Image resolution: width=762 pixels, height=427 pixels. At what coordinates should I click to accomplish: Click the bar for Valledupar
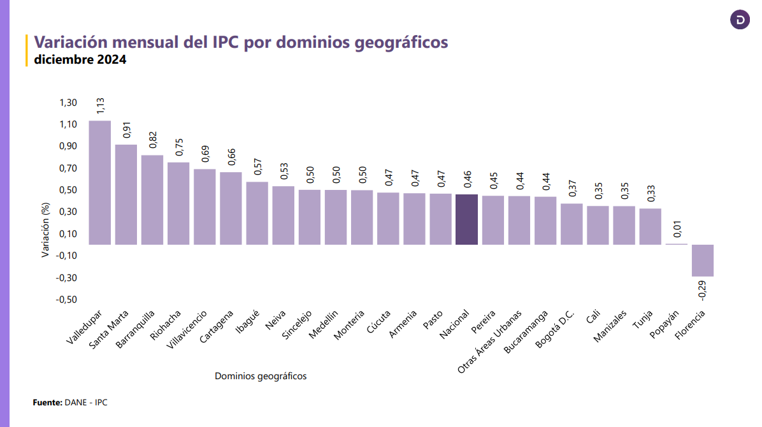[99, 182]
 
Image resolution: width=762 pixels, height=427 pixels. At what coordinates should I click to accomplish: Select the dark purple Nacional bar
[466, 219]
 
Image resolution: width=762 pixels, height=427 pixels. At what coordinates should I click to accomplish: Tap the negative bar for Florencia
[702, 260]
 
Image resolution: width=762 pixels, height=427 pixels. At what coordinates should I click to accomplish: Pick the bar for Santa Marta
[126, 194]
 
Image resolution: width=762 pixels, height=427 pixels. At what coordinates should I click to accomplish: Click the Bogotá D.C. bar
[571, 224]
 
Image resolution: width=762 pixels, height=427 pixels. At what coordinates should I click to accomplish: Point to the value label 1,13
[100, 106]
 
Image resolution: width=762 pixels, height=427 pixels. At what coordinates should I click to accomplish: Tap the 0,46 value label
[467, 179]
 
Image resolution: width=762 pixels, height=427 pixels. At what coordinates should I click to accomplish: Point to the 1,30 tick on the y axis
[68, 103]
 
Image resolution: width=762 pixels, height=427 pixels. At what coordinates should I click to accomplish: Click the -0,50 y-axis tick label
[66, 300]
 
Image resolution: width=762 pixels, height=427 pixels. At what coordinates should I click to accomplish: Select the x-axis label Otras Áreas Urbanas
[491, 342]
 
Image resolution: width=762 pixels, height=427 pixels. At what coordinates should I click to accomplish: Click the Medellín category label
[324, 325]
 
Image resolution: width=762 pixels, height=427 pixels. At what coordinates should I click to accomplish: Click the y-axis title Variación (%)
[45, 229]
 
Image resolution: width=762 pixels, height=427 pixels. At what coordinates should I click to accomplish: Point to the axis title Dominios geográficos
[261, 377]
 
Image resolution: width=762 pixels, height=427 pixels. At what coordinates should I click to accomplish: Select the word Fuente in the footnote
[47, 403]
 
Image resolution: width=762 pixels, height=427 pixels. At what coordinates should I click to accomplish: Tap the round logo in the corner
[740, 20]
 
